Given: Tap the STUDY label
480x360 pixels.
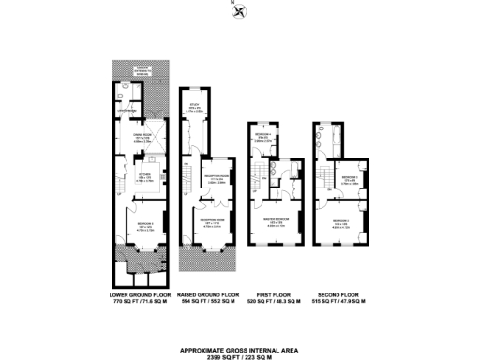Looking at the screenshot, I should (195, 104).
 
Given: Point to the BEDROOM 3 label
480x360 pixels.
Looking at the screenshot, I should (350, 176).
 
